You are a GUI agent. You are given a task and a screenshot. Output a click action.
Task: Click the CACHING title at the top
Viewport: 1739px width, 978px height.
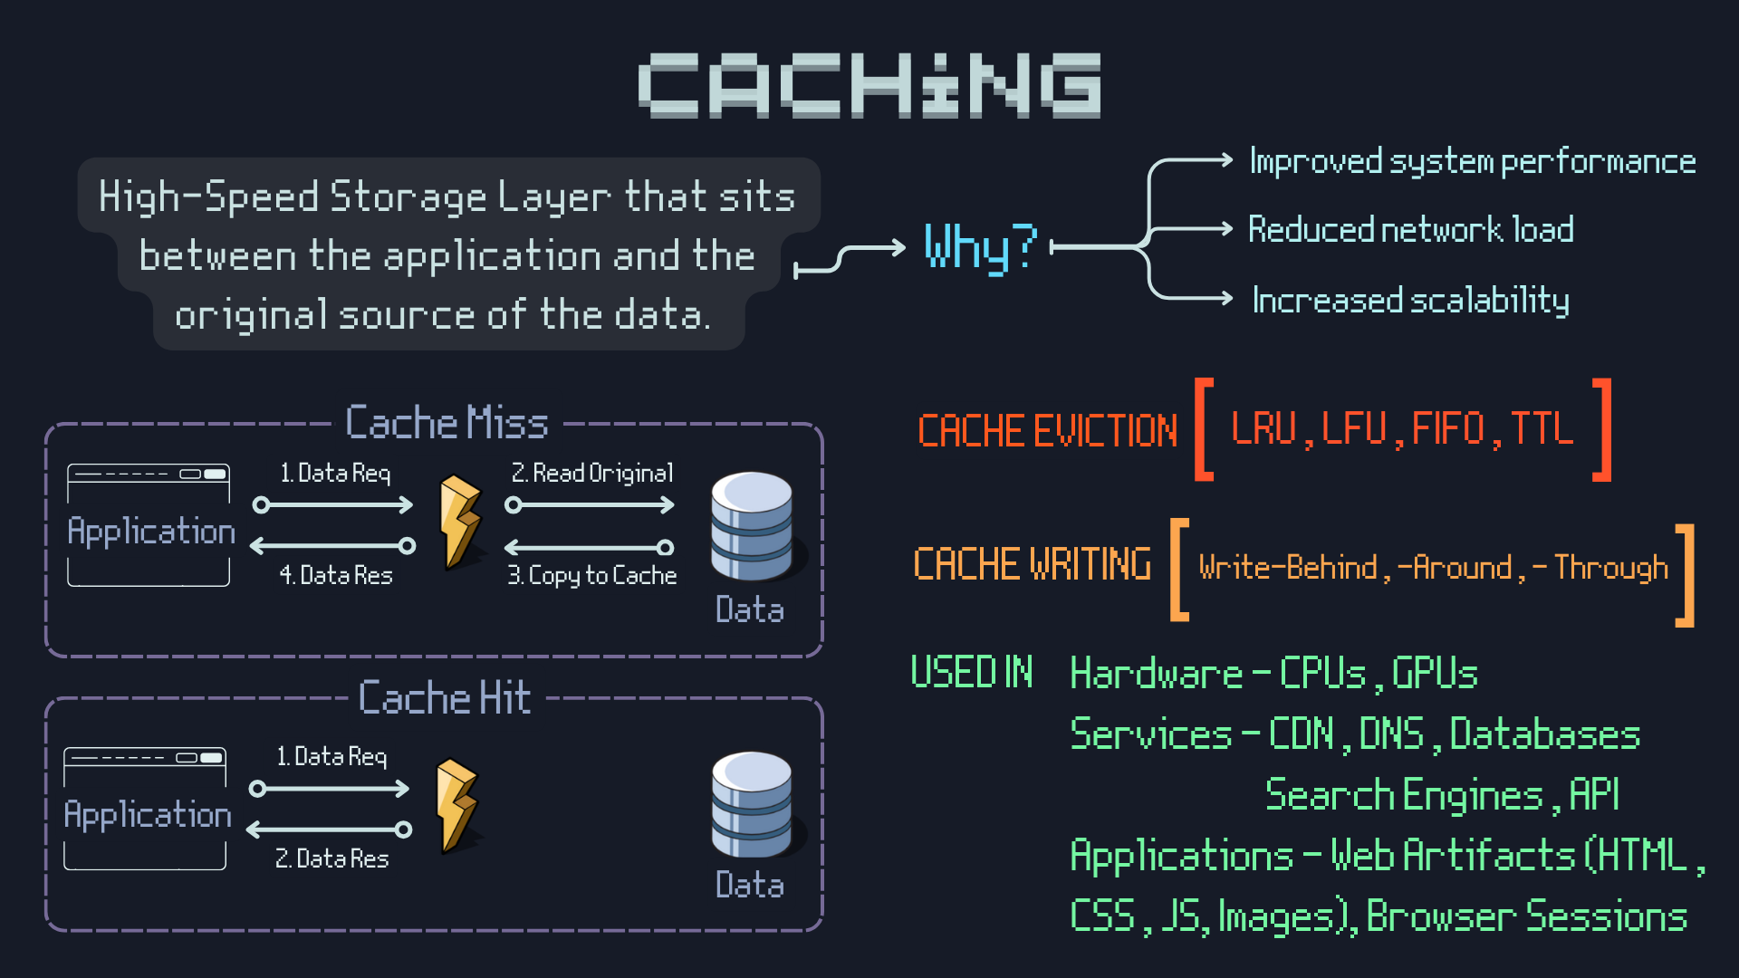(x=869, y=85)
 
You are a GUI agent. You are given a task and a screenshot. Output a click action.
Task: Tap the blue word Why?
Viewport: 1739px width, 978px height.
(x=979, y=246)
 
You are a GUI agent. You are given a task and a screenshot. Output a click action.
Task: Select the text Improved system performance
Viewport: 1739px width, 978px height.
(x=1472, y=161)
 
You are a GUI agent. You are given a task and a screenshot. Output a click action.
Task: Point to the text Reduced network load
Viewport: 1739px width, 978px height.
(x=1410, y=229)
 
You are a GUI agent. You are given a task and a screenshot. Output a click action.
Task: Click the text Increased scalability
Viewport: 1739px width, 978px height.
(x=1410, y=300)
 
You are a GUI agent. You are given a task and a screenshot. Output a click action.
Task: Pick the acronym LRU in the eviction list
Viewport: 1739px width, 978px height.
(x=1263, y=428)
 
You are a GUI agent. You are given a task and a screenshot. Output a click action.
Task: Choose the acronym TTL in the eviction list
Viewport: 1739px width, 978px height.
(x=1542, y=428)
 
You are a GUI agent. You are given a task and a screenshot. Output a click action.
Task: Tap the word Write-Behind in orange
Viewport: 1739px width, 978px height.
(x=1287, y=568)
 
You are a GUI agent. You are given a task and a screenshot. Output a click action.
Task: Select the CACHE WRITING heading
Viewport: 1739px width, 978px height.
(x=1032, y=564)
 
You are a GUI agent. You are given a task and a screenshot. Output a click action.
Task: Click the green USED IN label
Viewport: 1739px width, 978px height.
(x=971, y=673)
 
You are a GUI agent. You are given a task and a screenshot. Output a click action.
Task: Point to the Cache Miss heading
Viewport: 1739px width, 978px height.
(x=447, y=423)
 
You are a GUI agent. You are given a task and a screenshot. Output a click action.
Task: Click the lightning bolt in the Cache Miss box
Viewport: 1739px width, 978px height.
(x=460, y=523)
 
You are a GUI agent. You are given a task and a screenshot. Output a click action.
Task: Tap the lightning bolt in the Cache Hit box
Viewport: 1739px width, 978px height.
(x=456, y=805)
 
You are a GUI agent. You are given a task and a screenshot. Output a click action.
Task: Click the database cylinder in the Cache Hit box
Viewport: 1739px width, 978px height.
(x=752, y=804)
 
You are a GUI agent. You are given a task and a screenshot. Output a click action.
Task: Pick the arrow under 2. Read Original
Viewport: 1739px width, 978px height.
(x=592, y=505)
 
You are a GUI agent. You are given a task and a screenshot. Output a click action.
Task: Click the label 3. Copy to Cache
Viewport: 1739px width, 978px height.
(x=592, y=575)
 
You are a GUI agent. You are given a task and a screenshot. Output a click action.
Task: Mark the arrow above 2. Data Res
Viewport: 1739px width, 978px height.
(x=330, y=829)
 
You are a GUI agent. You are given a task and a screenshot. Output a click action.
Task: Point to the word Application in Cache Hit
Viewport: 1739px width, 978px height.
(x=148, y=815)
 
